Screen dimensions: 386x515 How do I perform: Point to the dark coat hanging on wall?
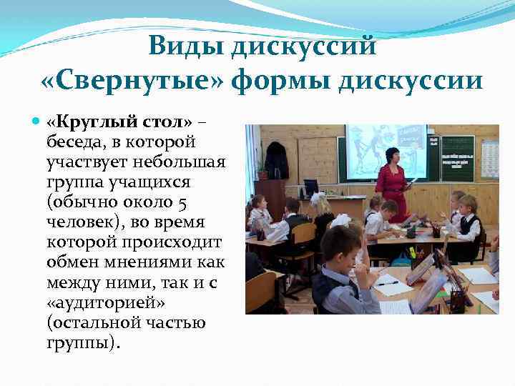(275, 160)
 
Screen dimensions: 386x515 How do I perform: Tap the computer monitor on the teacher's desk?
(311, 187)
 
